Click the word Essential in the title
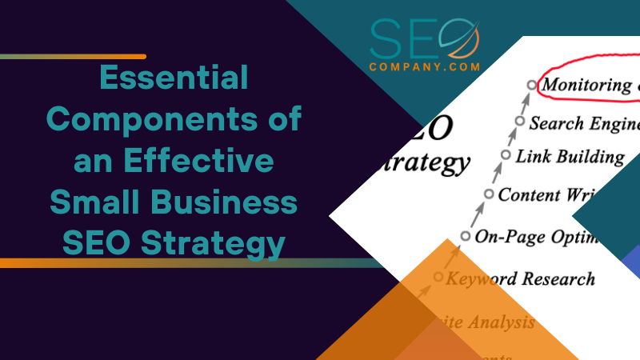click(174, 78)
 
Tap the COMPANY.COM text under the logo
click(425, 67)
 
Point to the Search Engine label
click(585, 123)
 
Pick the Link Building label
click(570, 156)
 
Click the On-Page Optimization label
click(537, 236)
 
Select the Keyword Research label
click(520, 279)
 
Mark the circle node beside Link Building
click(506, 154)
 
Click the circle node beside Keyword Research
click(438, 277)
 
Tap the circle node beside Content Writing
click(489, 193)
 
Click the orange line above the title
click(73, 57)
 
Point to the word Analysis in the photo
click(502, 323)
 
